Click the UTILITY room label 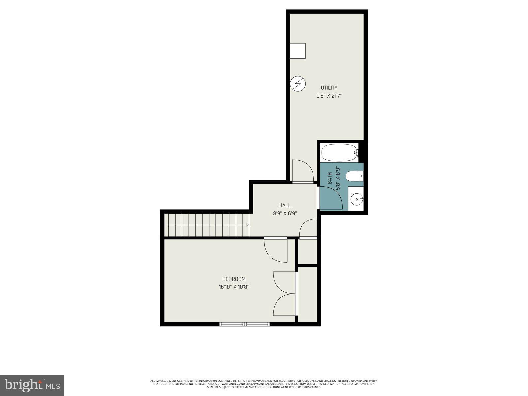pos(329,88)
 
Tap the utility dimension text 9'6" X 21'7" pos(329,96)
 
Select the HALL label pos(285,205)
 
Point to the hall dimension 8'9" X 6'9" pos(285,213)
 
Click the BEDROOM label pos(234,279)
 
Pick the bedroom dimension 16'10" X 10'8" pos(234,287)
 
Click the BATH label pos(330,178)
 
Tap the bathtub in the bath pos(339,152)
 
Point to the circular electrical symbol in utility pos(298,84)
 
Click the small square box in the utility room pos(298,51)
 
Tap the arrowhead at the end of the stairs pos(247,225)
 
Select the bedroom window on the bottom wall pos(245,324)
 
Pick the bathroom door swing pos(331,198)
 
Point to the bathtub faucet pos(357,152)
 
